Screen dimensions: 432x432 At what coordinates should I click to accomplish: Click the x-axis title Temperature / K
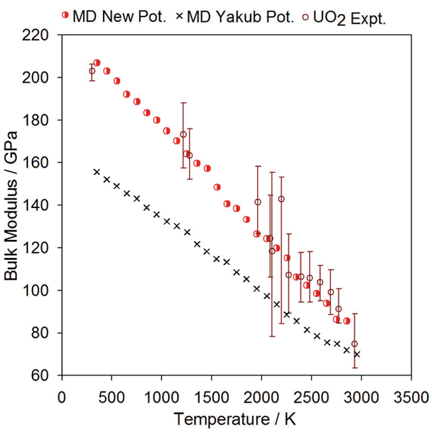click(236, 419)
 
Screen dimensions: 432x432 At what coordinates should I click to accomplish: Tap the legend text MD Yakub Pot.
click(241, 16)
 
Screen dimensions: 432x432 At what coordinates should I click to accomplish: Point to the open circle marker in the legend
click(307, 16)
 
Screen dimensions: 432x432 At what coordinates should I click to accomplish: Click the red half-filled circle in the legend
click(65, 16)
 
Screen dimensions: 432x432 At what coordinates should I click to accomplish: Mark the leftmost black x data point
click(96, 171)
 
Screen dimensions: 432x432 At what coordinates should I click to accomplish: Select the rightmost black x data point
click(357, 354)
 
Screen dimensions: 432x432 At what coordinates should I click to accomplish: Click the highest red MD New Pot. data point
click(96, 62)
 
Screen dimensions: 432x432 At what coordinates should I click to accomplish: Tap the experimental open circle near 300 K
click(92, 71)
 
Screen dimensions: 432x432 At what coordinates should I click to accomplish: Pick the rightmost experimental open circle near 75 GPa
click(354, 344)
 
